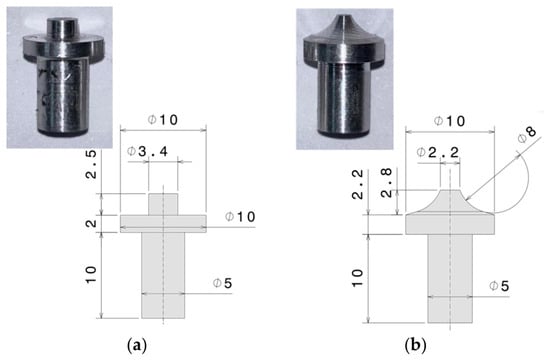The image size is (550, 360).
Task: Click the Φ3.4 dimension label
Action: click(x=147, y=152)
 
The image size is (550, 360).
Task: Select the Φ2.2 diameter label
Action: click(x=438, y=153)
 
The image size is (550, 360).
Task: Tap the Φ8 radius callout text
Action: click(x=527, y=135)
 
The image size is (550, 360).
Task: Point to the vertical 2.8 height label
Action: click(x=386, y=183)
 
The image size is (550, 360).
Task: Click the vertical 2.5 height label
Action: click(x=91, y=164)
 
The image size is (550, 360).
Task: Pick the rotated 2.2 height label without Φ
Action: click(x=357, y=185)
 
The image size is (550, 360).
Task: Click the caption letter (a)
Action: click(x=136, y=346)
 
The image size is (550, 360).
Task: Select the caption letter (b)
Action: click(x=415, y=346)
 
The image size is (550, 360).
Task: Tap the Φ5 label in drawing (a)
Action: click(x=223, y=283)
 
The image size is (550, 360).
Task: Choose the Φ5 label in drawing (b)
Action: click(x=499, y=286)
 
